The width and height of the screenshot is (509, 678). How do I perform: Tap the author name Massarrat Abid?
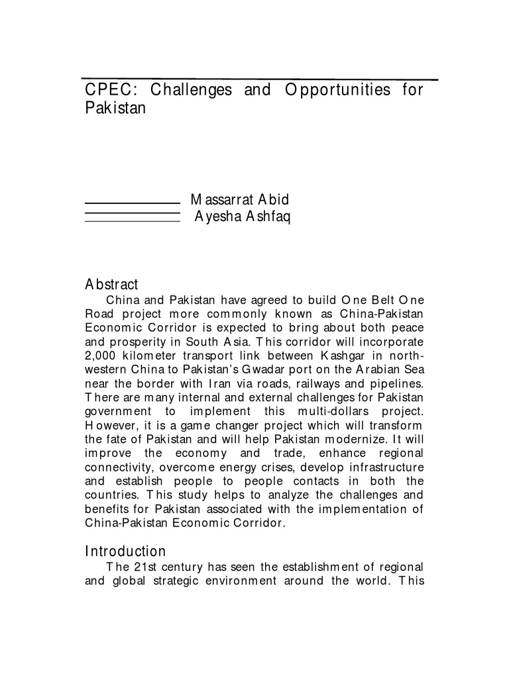(x=240, y=199)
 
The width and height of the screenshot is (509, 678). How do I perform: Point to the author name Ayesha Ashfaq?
(x=243, y=216)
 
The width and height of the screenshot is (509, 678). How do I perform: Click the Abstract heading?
(x=111, y=285)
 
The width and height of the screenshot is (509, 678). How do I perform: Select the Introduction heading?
(x=125, y=551)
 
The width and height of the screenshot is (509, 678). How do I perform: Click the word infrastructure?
(x=386, y=466)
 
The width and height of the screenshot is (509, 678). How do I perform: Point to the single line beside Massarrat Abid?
(x=133, y=203)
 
